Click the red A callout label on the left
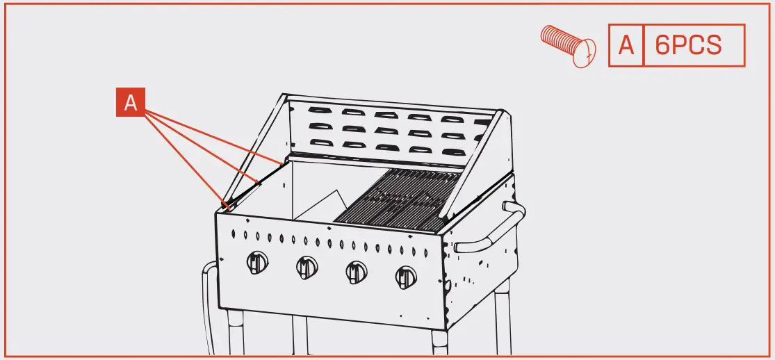click(130, 104)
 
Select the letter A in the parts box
click(626, 46)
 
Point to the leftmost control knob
click(257, 263)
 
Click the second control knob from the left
click(307, 266)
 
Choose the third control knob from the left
click(357, 271)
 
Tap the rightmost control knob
click(406, 277)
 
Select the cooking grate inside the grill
click(396, 198)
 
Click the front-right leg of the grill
click(440, 344)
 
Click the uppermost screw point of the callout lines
click(283, 161)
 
